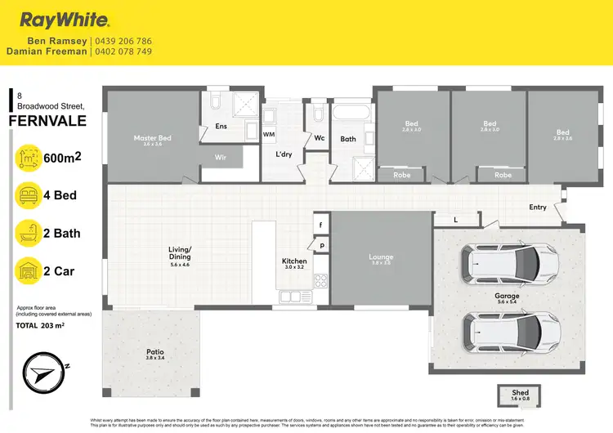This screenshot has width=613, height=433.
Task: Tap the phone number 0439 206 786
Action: pyautogui.click(x=123, y=41)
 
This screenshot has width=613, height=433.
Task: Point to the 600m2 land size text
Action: pyautogui.click(x=67, y=158)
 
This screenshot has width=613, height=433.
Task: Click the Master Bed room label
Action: pyautogui.click(x=153, y=138)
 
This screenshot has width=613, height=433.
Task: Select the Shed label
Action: pyautogui.click(x=521, y=393)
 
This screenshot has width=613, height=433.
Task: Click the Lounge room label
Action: pyautogui.click(x=381, y=257)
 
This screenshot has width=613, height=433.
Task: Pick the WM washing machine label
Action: pyautogui.click(x=268, y=133)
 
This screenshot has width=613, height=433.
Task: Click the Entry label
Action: pyautogui.click(x=538, y=208)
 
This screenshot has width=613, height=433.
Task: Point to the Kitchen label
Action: pyautogui.click(x=293, y=261)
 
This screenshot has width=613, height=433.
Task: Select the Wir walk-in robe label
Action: pyautogui.click(x=220, y=155)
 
